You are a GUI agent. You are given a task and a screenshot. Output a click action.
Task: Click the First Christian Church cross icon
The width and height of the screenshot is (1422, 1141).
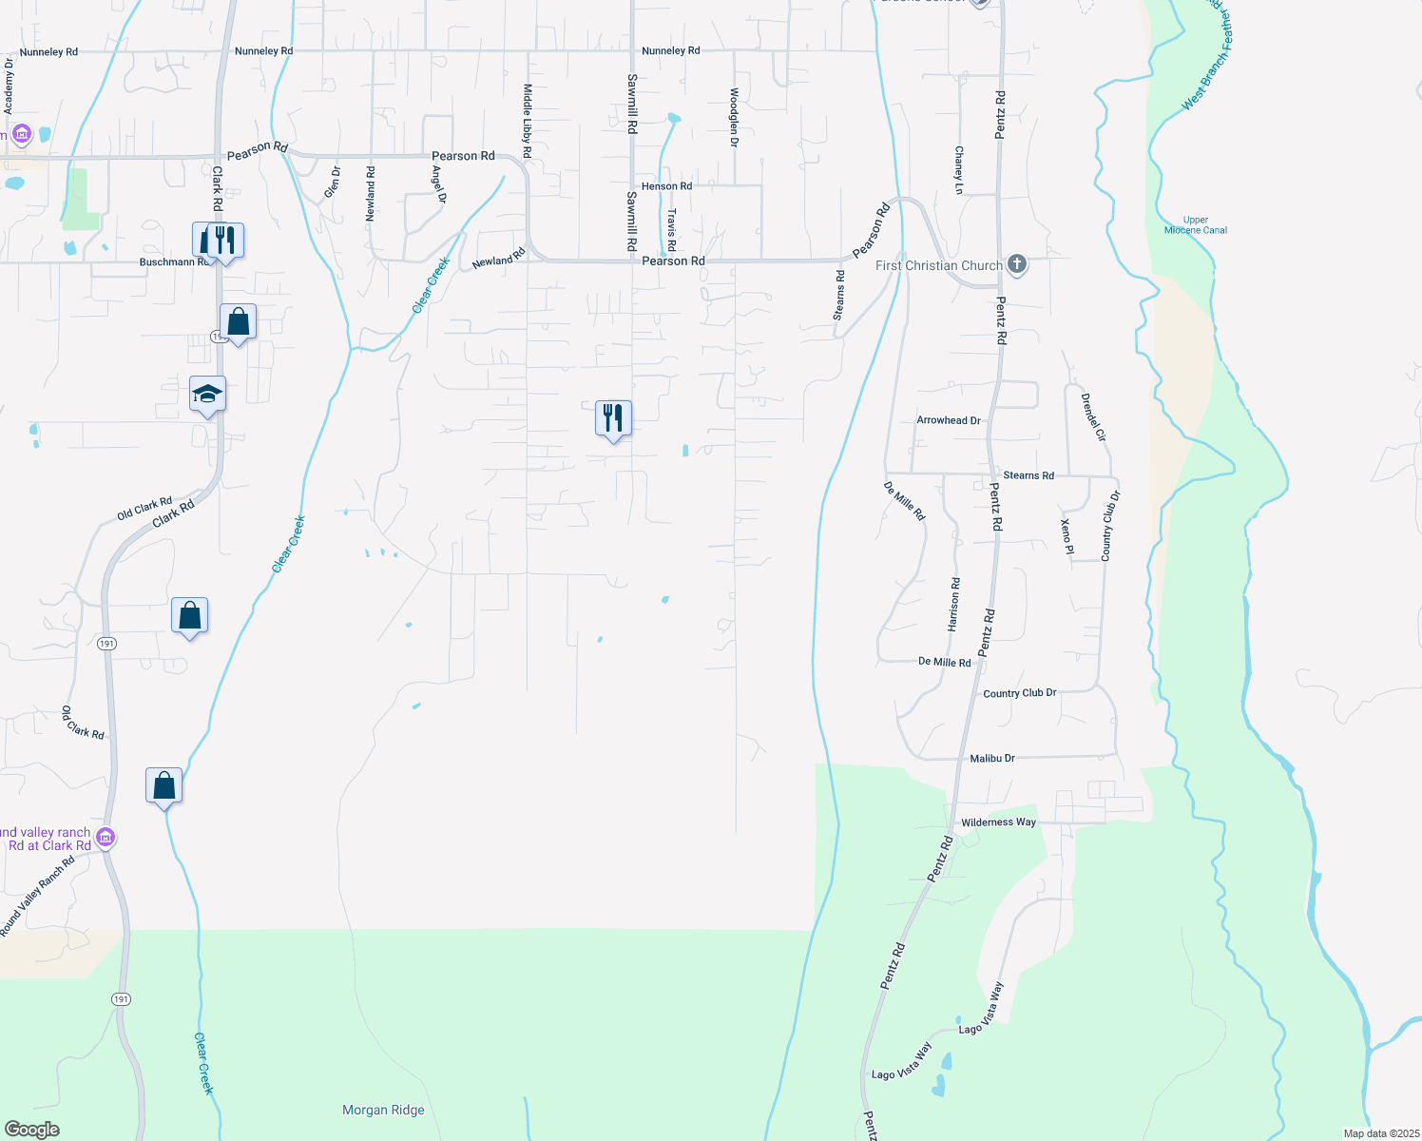(1017, 264)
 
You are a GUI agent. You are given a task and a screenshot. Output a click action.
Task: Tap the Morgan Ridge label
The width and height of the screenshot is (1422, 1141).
(383, 1110)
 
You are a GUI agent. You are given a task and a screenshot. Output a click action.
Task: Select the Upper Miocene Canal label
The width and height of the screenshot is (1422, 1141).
(1196, 225)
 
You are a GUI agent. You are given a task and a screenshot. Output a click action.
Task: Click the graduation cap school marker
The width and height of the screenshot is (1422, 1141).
(207, 394)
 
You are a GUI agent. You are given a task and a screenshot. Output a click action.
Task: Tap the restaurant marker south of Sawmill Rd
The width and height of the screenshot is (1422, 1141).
(613, 417)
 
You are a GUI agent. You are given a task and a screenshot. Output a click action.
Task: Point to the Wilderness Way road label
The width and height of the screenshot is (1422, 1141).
(998, 822)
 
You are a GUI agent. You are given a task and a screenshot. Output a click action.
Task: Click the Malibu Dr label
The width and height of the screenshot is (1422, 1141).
(992, 759)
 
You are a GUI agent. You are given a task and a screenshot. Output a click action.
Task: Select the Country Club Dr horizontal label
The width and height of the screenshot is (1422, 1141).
(1019, 693)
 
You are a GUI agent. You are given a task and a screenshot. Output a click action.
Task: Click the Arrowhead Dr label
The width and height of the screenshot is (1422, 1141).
(948, 420)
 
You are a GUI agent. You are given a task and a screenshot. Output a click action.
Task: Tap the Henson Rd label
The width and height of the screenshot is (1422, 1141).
(666, 186)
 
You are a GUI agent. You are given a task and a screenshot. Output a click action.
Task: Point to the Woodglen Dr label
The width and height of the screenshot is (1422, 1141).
(734, 118)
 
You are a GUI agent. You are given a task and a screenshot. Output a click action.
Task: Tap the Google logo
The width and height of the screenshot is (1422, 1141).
(31, 1130)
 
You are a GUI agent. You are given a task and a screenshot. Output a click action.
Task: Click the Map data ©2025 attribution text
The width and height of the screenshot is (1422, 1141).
(1378, 1133)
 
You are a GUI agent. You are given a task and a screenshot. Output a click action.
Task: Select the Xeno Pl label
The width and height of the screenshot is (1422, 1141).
(1066, 536)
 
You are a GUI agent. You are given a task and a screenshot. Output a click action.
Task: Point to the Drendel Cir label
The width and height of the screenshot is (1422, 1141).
(1093, 417)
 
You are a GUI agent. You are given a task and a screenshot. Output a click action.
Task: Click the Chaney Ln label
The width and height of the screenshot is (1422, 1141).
(959, 170)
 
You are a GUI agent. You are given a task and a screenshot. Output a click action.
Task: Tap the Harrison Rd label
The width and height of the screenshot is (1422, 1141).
(954, 605)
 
